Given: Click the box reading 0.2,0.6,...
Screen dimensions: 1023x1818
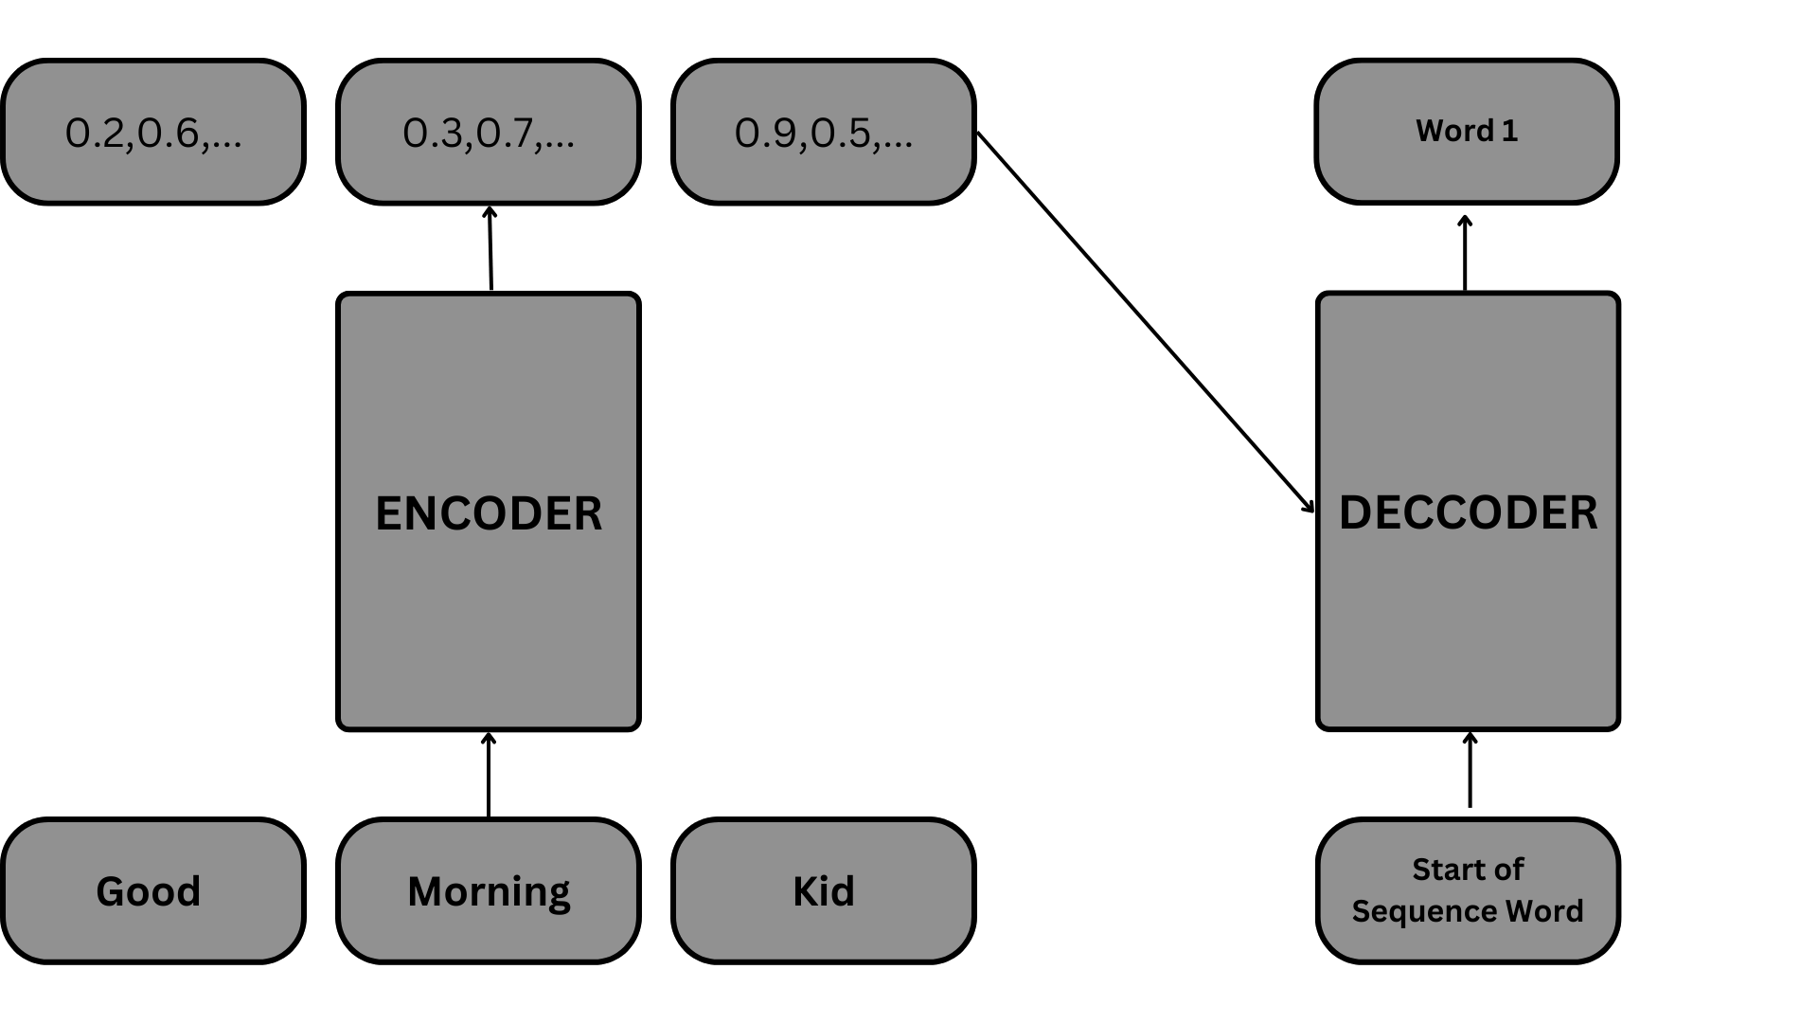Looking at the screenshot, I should click(x=153, y=132).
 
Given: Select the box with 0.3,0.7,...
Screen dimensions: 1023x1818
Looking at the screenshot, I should click(x=489, y=132).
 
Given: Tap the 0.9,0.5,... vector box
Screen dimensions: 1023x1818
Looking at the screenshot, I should click(x=824, y=132).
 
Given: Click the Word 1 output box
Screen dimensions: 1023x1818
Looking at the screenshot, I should click(x=1467, y=132).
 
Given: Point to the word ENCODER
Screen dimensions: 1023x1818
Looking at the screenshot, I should click(x=489, y=513).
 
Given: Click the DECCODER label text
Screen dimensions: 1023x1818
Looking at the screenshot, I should click(x=1468, y=513).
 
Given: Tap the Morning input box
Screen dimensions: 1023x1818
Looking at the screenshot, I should click(x=489, y=891).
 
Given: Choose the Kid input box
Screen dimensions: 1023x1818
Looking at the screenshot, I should click(x=824, y=891).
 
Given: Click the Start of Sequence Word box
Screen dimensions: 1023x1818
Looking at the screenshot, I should click(x=1468, y=891).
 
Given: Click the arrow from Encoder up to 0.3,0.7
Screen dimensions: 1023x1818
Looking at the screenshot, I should click(x=490, y=248).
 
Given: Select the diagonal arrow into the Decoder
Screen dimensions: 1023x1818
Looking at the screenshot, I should click(x=1146, y=322).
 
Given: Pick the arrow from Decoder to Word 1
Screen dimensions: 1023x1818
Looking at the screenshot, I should click(x=1465, y=253).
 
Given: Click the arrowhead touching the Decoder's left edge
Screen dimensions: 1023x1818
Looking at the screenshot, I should click(x=1309, y=506).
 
